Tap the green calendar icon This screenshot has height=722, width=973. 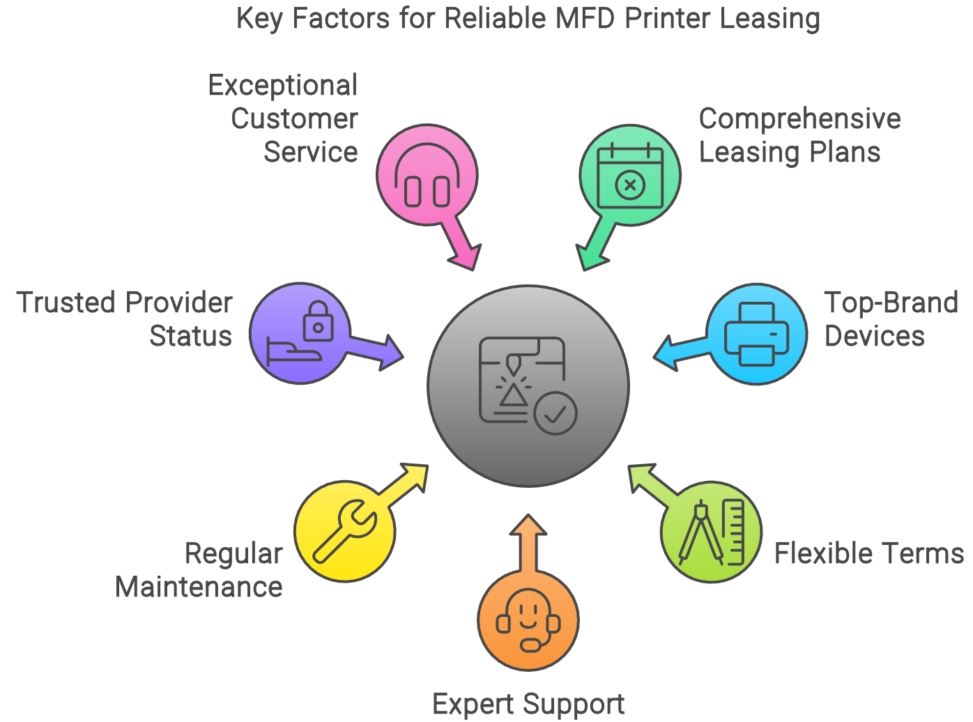630,175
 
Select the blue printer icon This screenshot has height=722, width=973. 756,334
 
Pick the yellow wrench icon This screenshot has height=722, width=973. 344,531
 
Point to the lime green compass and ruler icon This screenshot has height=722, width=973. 712,532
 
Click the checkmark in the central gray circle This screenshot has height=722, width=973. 556,414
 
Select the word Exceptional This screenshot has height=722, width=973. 282,86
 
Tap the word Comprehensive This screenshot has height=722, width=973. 799,118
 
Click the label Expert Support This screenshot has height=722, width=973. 528,705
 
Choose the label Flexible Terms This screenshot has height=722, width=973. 868,553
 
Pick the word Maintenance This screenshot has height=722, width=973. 199,587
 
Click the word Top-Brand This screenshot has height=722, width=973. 891,303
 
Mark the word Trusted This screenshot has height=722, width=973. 66,303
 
